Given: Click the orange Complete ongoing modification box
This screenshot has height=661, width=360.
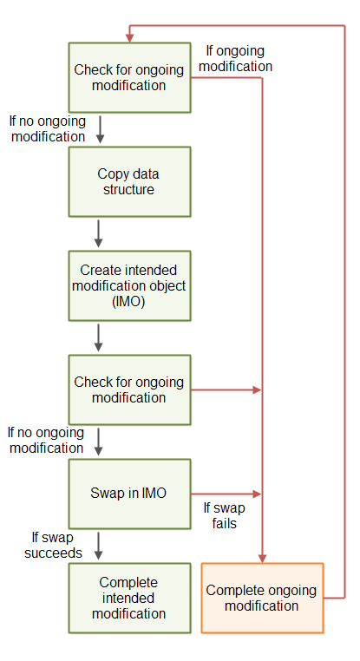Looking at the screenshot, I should [262, 598].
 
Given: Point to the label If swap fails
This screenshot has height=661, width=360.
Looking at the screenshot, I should [219, 515].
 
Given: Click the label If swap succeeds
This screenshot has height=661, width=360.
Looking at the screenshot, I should [44, 545].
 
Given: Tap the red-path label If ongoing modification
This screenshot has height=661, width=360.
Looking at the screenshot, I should [237, 58].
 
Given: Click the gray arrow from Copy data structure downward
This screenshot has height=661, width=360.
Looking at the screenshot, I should [98, 232].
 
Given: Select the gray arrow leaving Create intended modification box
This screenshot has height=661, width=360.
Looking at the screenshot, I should [98, 337].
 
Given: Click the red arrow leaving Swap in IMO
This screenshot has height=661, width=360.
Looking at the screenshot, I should [224, 494].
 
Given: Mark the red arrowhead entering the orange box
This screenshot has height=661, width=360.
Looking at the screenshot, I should [262, 558].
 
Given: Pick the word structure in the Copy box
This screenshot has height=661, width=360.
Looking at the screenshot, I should [128, 189].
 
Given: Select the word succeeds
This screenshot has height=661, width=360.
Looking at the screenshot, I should [53, 553].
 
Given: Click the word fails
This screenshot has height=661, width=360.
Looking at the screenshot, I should [219, 523].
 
